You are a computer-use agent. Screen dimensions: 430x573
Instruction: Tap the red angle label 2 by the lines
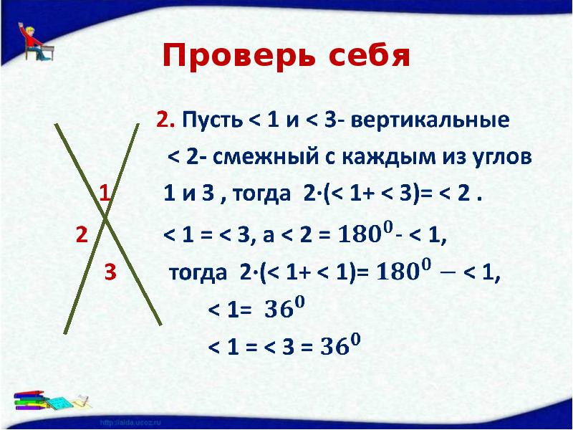tap(81, 234)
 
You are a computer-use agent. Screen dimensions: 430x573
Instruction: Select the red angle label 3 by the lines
tap(109, 272)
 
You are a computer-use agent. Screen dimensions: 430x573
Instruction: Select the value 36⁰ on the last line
tap(340, 348)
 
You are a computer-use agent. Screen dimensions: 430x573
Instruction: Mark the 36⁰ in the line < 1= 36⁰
tap(284, 310)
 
